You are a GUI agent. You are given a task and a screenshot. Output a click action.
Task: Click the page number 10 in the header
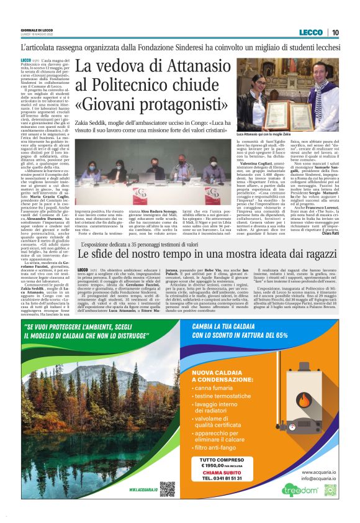tap(335, 32)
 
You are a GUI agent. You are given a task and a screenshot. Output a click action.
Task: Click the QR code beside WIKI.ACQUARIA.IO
tap(166, 489)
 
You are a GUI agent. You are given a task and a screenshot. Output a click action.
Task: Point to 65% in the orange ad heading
tap(279, 334)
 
